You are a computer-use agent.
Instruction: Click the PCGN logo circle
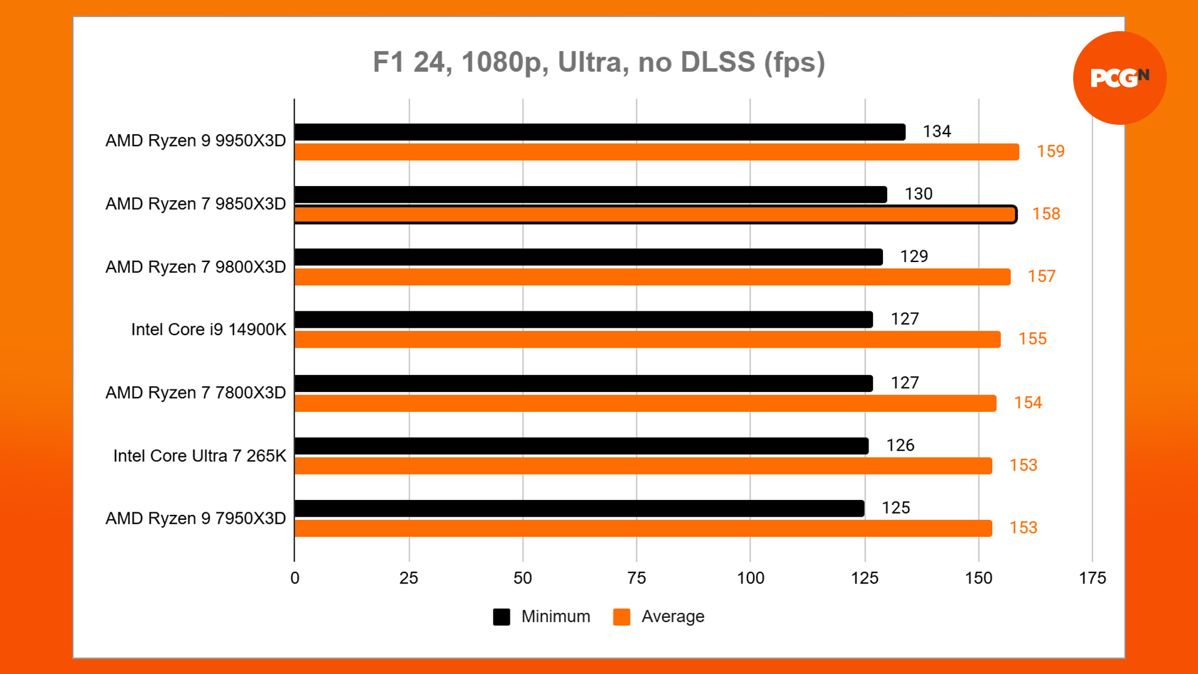pos(1119,78)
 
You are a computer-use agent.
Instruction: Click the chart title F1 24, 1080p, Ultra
pos(598,62)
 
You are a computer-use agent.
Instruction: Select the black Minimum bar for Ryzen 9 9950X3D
pos(599,132)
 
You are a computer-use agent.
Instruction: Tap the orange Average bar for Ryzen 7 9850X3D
pos(655,215)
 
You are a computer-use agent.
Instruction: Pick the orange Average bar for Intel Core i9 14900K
pos(647,339)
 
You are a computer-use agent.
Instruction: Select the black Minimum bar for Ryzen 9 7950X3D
pos(579,509)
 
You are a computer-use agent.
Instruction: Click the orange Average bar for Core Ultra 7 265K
pos(643,466)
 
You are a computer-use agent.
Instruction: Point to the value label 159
pos(1050,152)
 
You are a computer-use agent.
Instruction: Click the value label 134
pos(937,132)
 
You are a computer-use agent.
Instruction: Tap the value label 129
pos(913,256)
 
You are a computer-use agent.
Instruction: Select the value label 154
pos(1028,403)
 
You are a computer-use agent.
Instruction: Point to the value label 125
pos(895,508)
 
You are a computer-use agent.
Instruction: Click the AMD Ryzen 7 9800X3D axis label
pos(195,267)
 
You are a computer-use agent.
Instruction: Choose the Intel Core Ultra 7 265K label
pos(200,456)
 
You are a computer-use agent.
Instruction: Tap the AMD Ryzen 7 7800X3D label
pos(195,393)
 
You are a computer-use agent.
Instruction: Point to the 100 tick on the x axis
pos(750,578)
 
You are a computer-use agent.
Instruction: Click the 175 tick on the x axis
pos(1092,578)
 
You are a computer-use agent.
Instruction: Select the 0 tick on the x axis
pos(295,578)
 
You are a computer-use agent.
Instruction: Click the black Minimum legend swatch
pos(502,617)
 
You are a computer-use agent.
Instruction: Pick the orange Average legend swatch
pos(621,617)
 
